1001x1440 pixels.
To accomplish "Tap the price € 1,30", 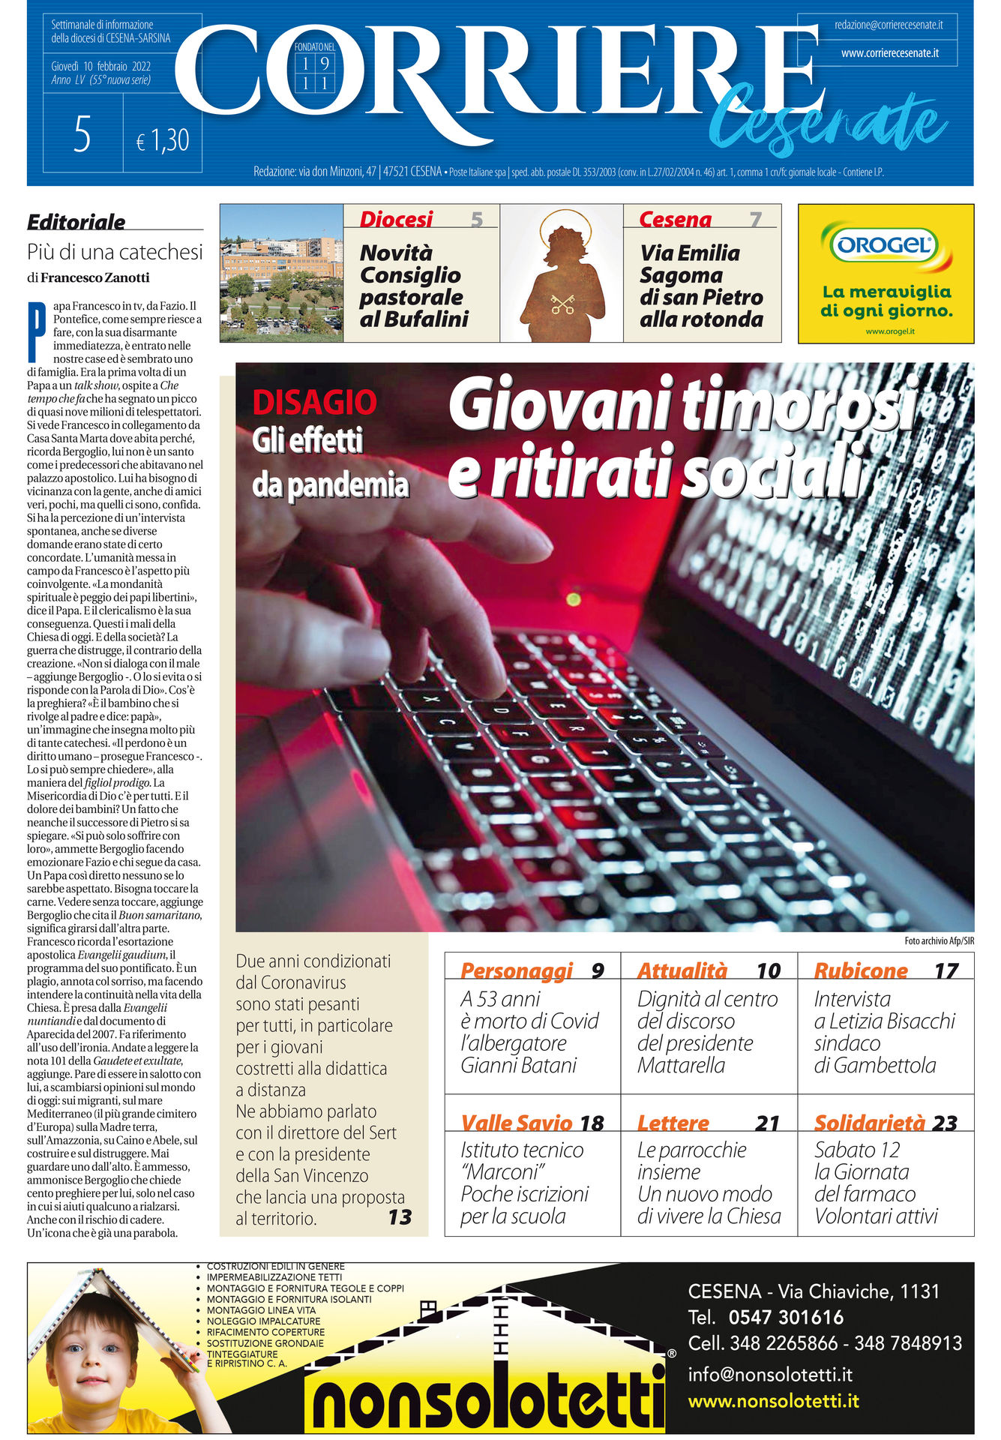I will (x=163, y=140).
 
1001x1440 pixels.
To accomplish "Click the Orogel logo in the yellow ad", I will (x=886, y=244).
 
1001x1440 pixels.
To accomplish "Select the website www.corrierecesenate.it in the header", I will (x=889, y=53).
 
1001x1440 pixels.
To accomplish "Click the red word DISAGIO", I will (x=314, y=403).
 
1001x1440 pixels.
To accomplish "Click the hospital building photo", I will (x=281, y=273).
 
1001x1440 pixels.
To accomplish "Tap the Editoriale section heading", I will (x=76, y=222).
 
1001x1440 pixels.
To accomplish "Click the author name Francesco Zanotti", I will (x=94, y=277).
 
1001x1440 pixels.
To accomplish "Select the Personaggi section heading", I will (x=516, y=970).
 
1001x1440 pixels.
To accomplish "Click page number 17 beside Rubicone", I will (x=946, y=971).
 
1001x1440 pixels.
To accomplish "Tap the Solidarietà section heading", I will (x=869, y=1123).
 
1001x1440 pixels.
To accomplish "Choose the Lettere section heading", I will (x=673, y=1123).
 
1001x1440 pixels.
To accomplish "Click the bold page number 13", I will (x=400, y=1216).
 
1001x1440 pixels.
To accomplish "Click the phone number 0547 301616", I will (x=786, y=1317).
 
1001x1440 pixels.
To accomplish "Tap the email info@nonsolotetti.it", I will (x=770, y=1374).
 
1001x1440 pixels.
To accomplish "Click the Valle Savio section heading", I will (x=516, y=1123).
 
